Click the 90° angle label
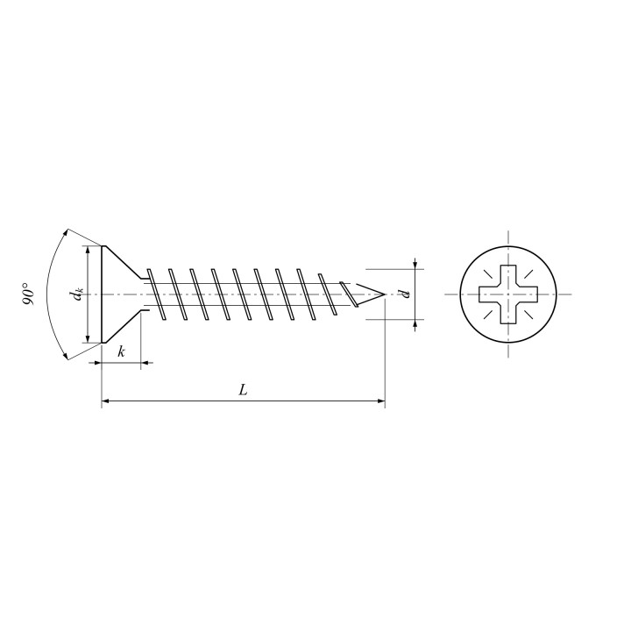tap(28, 294)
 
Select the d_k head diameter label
tap(76, 294)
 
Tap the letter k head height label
tap(121, 351)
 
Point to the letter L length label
tap(243, 389)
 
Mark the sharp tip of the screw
tap(385, 294)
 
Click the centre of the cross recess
tap(508, 294)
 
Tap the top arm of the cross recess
tap(508, 275)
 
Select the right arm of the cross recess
tap(528, 294)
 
